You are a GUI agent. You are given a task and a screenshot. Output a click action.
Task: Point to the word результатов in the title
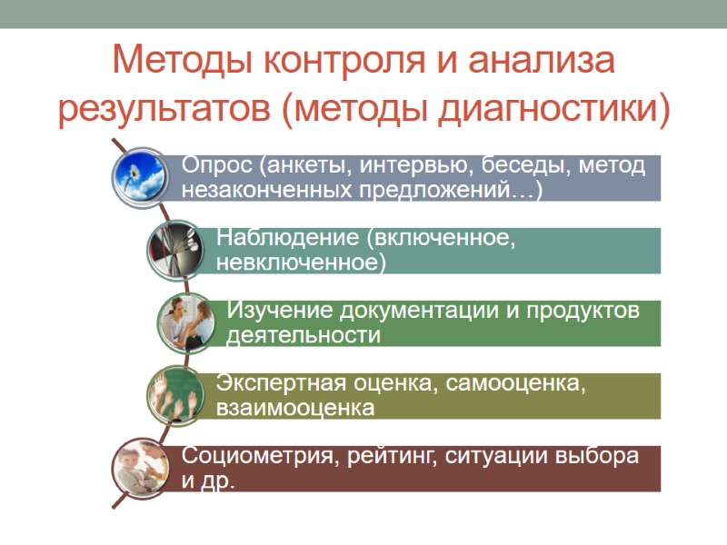[163, 110]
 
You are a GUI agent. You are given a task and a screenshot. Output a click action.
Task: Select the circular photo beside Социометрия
[142, 468]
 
